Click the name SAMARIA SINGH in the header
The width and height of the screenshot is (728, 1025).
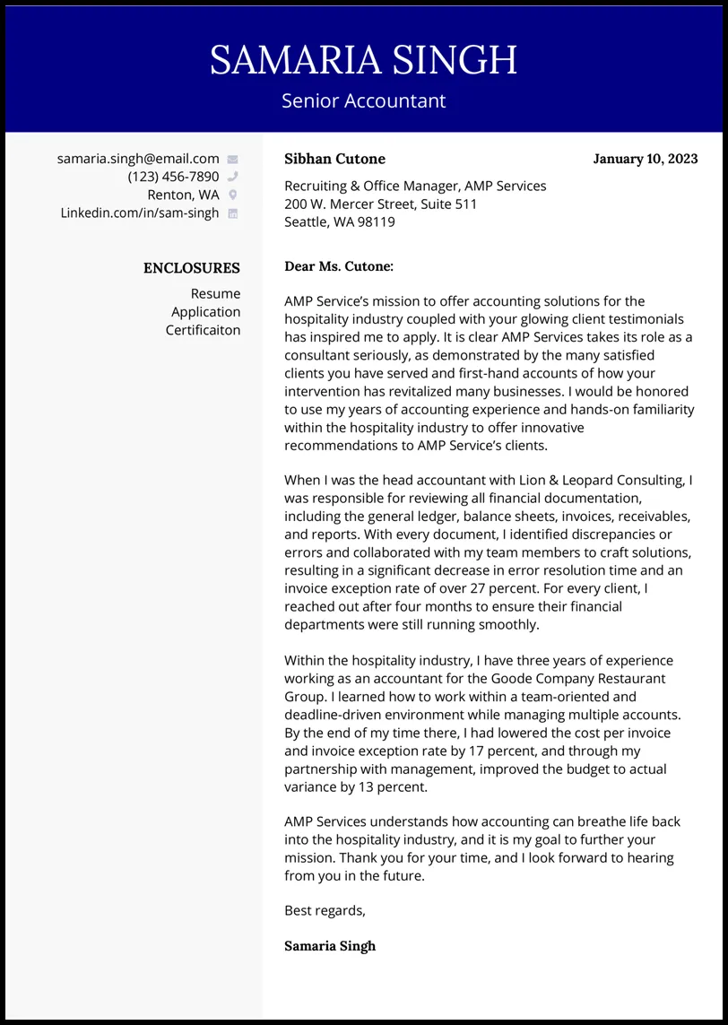pos(363,60)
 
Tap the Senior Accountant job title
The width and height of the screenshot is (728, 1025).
pos(363,100)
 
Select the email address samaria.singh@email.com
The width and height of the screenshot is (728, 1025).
pos(138,159)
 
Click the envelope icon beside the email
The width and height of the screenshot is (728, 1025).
pos(233,160)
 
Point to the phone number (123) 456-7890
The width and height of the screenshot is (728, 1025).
pos(173,177)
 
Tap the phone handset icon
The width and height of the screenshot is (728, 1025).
pos(233,177)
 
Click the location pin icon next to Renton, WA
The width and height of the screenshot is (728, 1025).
pos(233,195)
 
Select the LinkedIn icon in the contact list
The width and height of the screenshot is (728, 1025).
pos(233,213)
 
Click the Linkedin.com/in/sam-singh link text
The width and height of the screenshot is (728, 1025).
pos(140,213)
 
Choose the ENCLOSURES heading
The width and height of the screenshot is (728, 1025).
pos(192,268)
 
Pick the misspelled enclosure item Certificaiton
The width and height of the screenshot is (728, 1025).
pos(204,330)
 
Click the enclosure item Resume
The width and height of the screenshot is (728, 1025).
pos(215,294)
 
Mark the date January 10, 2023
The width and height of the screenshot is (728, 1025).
pos(646,159)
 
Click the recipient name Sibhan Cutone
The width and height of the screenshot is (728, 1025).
pos(334,159)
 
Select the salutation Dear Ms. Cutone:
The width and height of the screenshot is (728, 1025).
pos(339,266)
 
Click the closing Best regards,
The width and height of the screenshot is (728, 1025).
pos(325,910)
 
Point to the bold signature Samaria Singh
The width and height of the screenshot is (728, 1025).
pos(330,946)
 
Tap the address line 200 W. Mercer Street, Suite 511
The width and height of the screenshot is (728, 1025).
pos(380,204)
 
